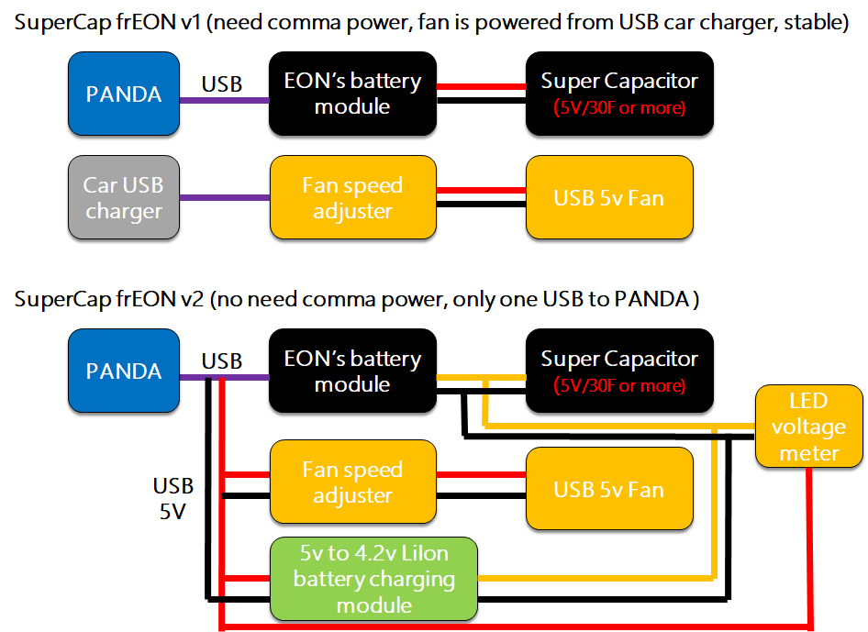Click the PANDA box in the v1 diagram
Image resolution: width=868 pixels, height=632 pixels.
click(123, 94)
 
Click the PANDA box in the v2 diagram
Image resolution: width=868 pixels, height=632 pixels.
click(123, 371)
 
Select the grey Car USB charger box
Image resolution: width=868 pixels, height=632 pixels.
click(123, 198)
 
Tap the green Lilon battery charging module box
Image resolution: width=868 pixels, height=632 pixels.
click(373, 579)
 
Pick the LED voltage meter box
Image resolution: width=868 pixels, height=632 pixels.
click(807, 427)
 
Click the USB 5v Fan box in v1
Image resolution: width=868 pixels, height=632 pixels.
click(608, 198)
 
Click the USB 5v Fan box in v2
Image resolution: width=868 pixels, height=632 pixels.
click(608, 490)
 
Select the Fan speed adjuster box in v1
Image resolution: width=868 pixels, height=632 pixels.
click(352, 198)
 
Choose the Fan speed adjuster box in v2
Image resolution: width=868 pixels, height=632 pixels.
click(352, 482)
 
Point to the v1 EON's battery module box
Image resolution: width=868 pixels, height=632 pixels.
click(352, 94)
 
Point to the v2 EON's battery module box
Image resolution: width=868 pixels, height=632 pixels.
click(352, 371)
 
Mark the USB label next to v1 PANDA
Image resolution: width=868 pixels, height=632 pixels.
click(222, 84)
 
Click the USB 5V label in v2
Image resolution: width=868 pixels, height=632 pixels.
click(172, 499)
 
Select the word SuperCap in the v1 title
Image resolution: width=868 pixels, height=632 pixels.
click(56, 23)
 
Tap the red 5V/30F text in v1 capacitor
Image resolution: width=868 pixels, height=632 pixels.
click(619, 108)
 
